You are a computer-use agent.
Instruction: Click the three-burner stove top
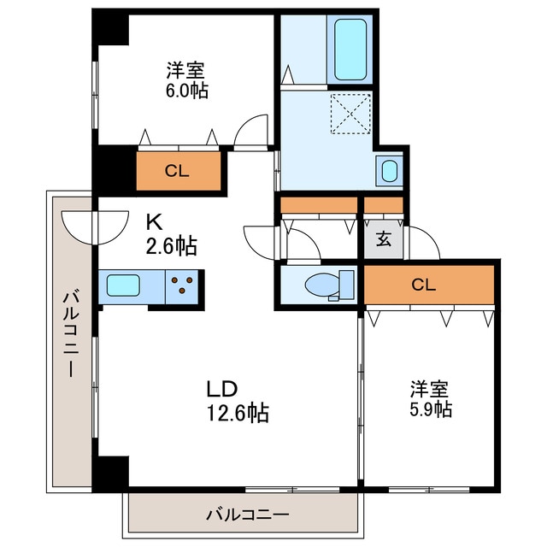183,285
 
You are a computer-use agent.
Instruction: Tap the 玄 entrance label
384,238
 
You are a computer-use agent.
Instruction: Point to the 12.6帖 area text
238,414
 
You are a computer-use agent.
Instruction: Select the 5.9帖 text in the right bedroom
429,409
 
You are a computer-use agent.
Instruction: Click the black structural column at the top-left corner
111,26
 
